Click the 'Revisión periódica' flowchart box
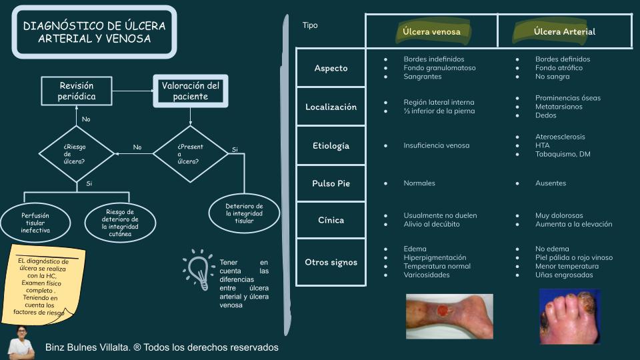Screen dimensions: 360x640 77,91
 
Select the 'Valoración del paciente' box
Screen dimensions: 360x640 190,91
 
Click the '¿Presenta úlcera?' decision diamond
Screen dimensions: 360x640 191,154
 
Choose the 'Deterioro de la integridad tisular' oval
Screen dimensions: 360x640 245,213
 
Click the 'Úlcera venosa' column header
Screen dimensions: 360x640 431,31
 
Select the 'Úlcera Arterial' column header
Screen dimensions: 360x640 564,31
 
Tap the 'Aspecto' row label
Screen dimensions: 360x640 331,68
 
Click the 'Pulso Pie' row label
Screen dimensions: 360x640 331,183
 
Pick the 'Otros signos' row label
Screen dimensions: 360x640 331,262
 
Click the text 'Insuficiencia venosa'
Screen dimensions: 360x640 436,145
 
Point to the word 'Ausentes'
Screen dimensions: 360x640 550,183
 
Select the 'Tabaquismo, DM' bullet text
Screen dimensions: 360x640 563,154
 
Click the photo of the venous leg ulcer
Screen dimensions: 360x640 449,315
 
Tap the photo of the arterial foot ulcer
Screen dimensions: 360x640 569,316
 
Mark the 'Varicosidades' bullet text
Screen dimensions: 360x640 426,275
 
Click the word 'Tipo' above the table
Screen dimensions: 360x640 310,25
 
